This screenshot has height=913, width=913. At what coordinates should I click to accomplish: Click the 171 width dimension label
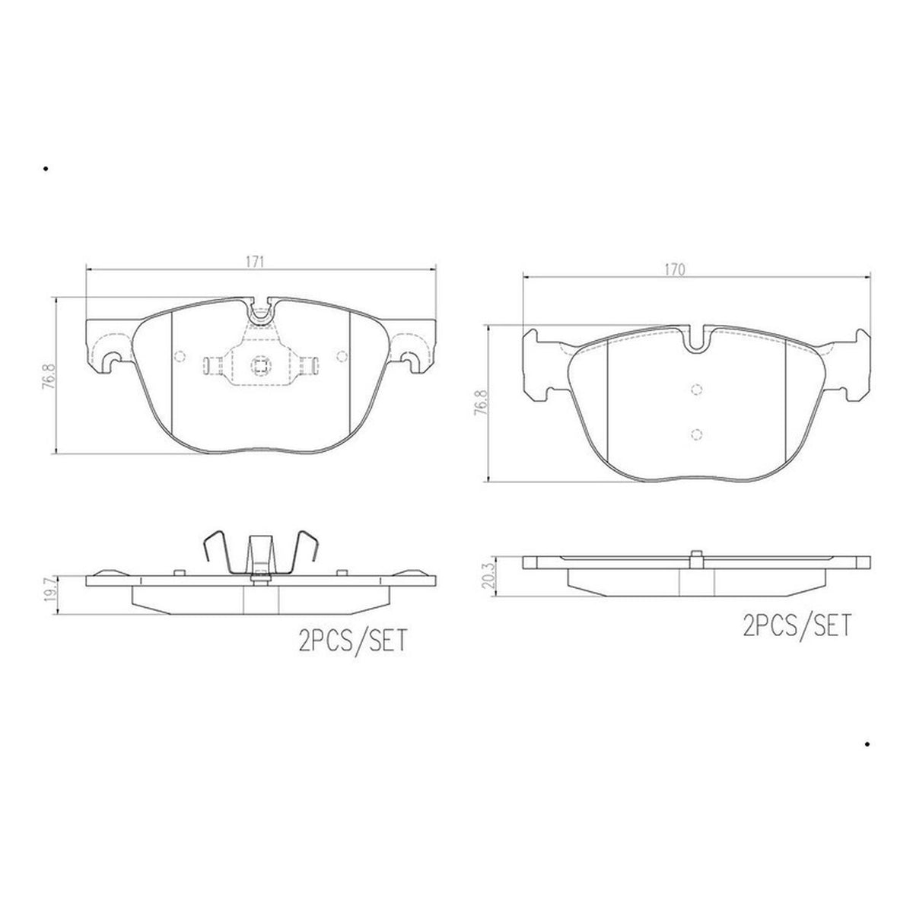[254, 262]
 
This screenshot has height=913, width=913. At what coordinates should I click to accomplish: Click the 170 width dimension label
[674, 269]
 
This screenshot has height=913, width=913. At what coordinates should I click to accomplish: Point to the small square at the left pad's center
[260, 365]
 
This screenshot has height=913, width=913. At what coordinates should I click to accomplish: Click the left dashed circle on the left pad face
[180, 356]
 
